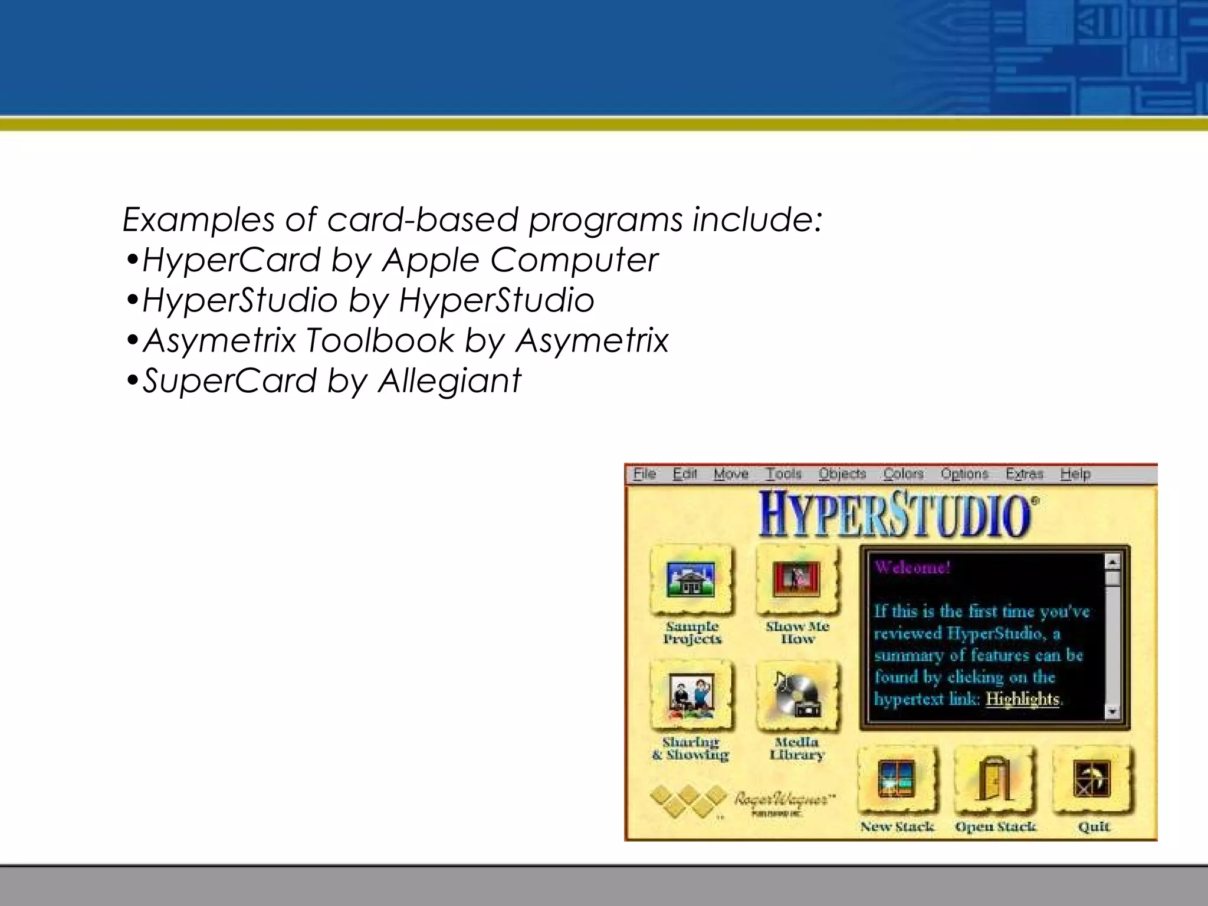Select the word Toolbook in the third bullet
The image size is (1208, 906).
pos(380,340)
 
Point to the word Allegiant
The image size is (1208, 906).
pos(449,380)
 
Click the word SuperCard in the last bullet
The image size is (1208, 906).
pos(230,380)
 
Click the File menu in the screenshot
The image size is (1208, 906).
pos(644,474)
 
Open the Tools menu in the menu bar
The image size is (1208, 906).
pos(783,474)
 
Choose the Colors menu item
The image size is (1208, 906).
pos(903,474)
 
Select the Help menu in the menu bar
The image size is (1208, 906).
pos(1075,474)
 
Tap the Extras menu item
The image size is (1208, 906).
pos(1024,474)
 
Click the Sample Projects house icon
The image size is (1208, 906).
pos(691,579)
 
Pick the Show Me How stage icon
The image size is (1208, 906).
pos(796,579)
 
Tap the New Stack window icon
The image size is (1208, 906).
pos(896,779)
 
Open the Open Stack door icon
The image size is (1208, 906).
pos(994,779)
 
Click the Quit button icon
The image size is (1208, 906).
pos(1092,779)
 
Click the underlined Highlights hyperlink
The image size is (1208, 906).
pos(1023,700)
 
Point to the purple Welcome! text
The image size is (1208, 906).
pos(912,567)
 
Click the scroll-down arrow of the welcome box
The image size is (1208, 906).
pos(1112,712)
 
